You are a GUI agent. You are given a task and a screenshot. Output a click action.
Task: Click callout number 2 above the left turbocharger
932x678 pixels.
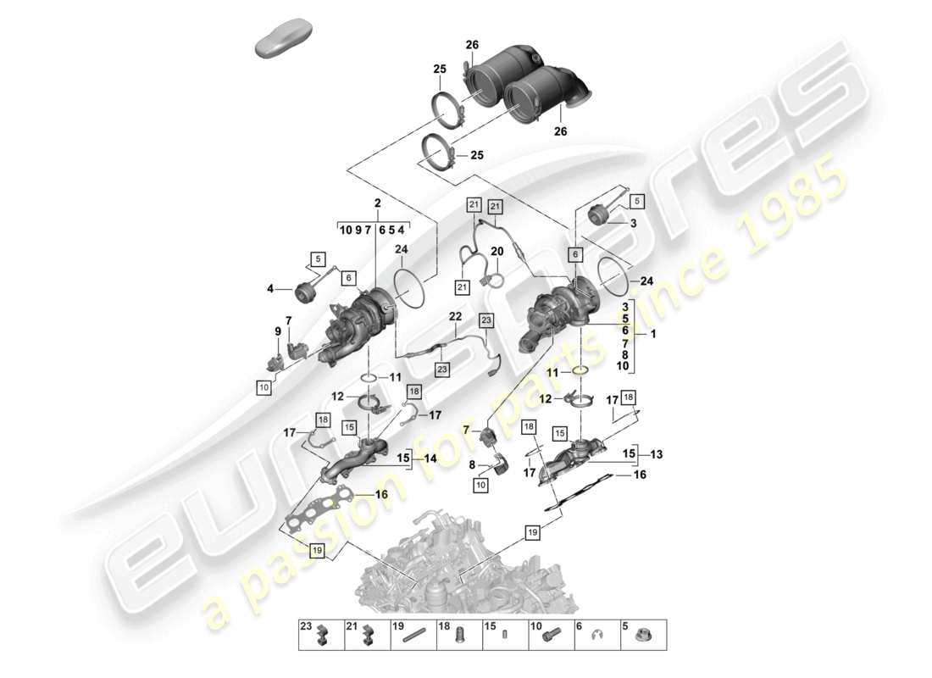(x=376, y=203)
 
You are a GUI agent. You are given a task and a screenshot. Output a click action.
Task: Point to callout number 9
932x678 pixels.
(x=276, y=331)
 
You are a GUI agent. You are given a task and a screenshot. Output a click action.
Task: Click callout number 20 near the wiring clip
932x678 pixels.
(x=497, y=251)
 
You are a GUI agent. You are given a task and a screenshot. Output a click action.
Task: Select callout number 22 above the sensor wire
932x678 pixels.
(x=454, y=317)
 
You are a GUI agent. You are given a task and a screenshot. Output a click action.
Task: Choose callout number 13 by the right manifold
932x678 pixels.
(x=657, y=453)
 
